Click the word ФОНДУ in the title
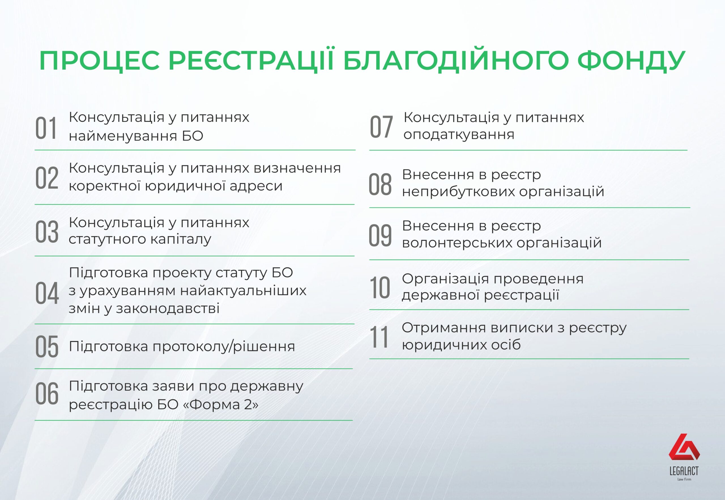[631, 60]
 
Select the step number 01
[46, 128]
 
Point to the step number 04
[47, 293]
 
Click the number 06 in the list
[47, 393]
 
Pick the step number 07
[381, 127]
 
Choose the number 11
[379, 337]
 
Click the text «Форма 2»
[221, 405]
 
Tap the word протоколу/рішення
[224, 347]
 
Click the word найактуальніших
[243, 291]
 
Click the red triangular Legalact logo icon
[684, 447]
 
